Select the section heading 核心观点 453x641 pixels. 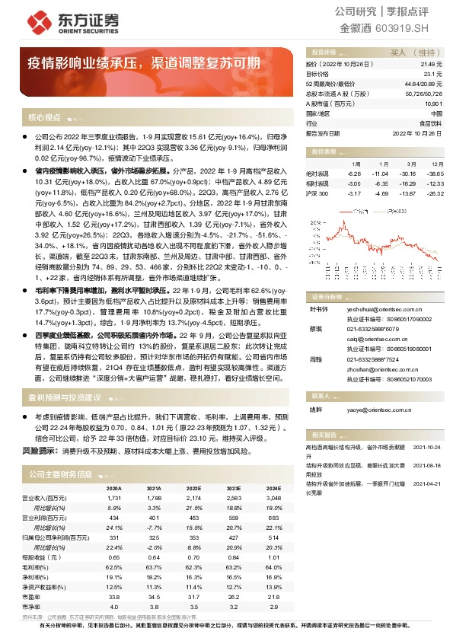tap(43, 118)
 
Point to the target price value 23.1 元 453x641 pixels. tap(435, 74)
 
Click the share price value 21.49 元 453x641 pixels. tap(432, 65)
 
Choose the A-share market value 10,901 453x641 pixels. tap(433, 104)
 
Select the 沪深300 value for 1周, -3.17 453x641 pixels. tap(350, 193)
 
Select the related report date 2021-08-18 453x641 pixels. tap(429, 463)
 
